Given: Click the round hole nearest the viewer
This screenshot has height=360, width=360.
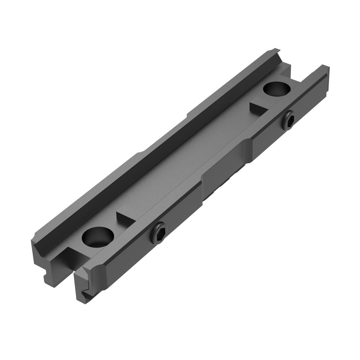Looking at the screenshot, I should click(98, 237).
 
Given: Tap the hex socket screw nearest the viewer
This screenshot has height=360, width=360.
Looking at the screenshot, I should click(158, 233).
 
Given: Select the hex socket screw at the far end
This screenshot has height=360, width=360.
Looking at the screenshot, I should click(288, 120).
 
